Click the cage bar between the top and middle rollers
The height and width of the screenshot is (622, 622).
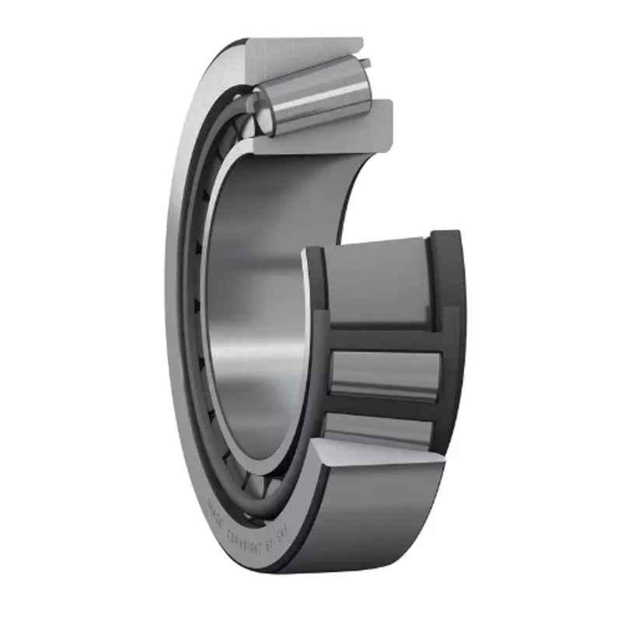coord(385,339)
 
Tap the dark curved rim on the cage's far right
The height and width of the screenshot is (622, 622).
coord(449,327)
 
